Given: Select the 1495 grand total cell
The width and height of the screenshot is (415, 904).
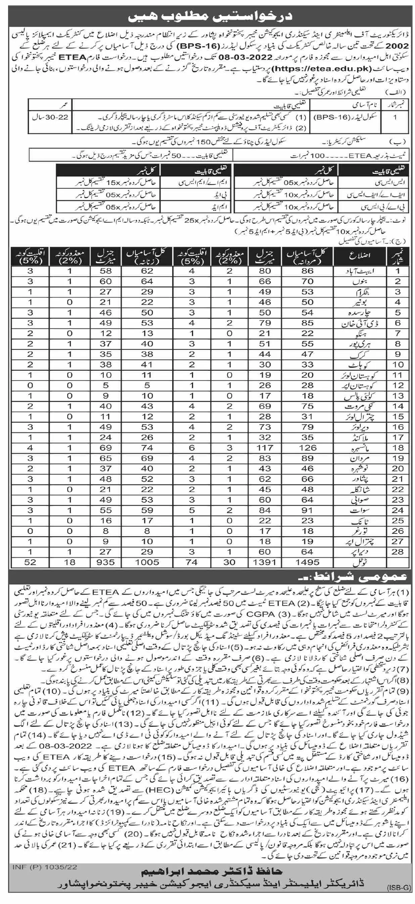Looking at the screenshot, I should click(x=307, y=561).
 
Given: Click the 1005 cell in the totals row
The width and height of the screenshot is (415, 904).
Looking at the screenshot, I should click(x=147, y=561).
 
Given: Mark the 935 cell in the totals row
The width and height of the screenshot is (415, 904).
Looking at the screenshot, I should click(x=105, y=561).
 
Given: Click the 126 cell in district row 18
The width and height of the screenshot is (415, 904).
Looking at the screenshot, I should click(x=307, y=447).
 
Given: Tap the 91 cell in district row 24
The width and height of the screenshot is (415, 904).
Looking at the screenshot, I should click(x=307, y=510).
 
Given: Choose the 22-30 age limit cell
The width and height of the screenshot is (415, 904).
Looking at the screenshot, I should click(x=49, y=117).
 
